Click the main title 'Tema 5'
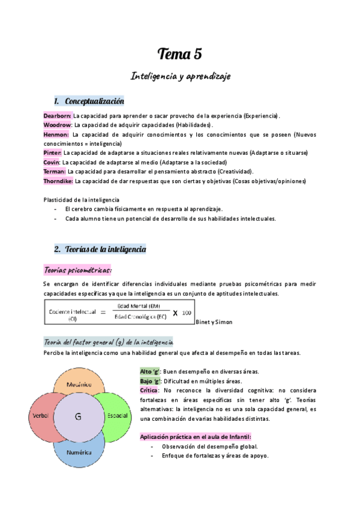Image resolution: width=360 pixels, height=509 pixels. pyautogui.click(x=179, y=55)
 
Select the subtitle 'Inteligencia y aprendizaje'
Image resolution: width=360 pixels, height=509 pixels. pyautogui.click(x=180, y=76)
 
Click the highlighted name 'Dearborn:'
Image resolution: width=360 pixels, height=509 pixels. pyautogui.click(x=58, y=115)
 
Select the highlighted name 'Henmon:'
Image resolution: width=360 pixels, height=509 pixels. pyautogui.click(x=56, y=134)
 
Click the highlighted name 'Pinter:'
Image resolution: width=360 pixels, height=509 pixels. pyautogui.click(x=53, y=153)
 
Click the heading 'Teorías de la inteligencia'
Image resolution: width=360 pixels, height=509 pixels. pyautogui.click(x=105, y=248)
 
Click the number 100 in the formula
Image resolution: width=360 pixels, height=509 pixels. pyautogui.click(x=187, y=313)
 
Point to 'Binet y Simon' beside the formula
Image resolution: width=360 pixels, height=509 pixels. pyautogui.click(x=214, y=322)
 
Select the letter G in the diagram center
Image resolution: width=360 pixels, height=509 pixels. pyautogui.click(x=78, y=417)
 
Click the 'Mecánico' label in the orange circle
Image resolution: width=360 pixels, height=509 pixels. pyautogui.click(x=79, y=384)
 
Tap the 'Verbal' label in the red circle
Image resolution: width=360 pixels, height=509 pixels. pyautogui.click(x=39, y=416)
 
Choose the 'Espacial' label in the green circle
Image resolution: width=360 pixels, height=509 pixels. pyautogui.click(x=117, y=415)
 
